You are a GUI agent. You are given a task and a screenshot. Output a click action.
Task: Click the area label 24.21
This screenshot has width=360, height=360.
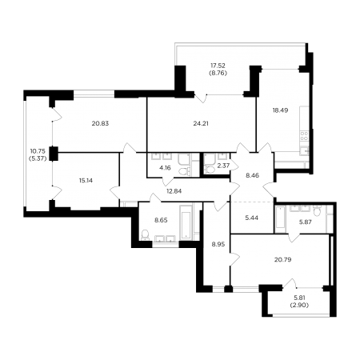(201, 123)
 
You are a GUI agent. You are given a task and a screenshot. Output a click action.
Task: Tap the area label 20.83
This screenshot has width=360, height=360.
(100, 123)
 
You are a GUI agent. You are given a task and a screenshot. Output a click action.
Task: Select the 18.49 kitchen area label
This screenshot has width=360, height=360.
(280, 110)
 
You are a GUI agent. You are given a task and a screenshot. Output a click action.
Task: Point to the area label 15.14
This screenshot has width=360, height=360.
(86, 181)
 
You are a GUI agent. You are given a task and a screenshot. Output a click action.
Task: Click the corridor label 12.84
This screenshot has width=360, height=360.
(174, 191)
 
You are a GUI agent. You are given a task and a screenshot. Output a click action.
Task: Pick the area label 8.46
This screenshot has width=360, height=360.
(252, 175)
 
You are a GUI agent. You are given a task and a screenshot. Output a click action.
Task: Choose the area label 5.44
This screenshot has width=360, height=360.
(252, 218)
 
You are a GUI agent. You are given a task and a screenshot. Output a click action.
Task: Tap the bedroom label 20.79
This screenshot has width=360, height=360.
(282, 259)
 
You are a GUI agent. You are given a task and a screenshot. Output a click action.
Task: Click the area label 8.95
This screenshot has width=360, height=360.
(218, 244)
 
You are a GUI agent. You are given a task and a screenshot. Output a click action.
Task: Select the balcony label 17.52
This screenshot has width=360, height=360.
(218, 66)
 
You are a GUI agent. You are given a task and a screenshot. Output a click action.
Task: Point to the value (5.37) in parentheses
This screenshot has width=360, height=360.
(38, 158)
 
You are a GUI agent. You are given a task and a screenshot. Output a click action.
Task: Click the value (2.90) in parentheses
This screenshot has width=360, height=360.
(299, 306)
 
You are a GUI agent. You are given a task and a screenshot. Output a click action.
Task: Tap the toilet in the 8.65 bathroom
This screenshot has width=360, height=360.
(145, 234)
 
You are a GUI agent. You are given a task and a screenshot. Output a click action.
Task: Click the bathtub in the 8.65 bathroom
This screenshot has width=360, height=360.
(186, 222)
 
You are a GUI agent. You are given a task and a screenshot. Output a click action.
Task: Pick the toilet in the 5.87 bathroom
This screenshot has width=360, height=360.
(317, 210)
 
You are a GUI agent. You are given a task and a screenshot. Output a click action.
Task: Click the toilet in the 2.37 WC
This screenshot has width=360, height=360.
(210, 170)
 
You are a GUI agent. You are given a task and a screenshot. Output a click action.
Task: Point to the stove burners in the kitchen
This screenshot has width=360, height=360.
(304, 136)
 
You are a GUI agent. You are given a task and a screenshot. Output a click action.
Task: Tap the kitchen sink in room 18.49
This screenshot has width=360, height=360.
(304, 150)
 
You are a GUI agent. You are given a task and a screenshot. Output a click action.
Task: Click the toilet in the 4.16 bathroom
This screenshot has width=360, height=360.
(185, 171)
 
